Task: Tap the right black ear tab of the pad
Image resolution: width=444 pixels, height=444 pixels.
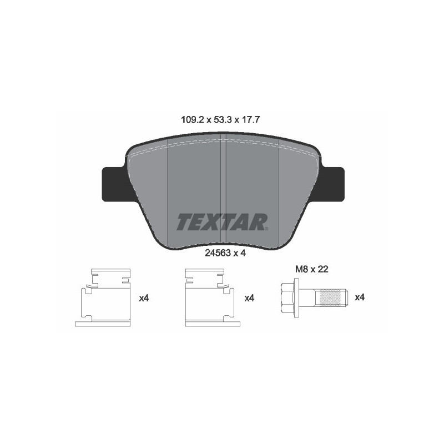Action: pyautogui.click(x=332, y=184)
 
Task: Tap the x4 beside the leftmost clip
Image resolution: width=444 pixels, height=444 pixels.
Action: pyautogui.click(x=144, y=298)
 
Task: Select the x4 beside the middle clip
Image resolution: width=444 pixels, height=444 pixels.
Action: pyautogui.click(x=249, y=298)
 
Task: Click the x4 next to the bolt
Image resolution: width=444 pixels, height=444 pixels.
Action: pyautogui.click(x=359, y=297)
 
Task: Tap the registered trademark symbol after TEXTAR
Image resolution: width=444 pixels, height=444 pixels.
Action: pyautogui.click(x=267, y=228)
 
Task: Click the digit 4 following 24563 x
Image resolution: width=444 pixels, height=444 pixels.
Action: pyautogui.click(x=243, y=252)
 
